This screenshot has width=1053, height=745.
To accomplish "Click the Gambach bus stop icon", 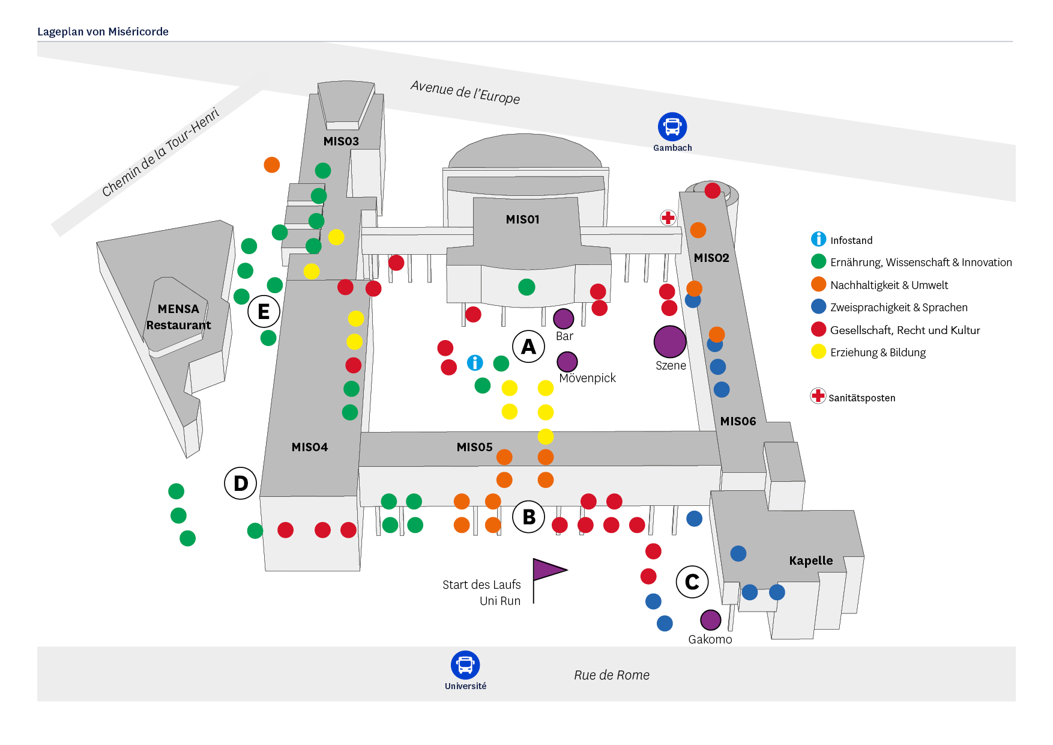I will (672, 127).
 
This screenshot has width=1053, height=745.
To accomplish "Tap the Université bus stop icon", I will (465, 665).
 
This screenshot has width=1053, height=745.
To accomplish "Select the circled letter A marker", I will (528, 346).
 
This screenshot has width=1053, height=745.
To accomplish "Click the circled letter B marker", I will (529, 517).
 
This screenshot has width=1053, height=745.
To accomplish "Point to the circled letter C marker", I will (692, 582).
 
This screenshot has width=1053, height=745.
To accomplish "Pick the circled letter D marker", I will (241, 483).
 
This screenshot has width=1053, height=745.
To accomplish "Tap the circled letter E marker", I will (264, 311).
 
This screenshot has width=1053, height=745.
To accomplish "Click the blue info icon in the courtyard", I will (475, 363).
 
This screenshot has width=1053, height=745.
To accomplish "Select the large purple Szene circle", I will (670, 341).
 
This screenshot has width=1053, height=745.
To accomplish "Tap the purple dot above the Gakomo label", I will (710, 619).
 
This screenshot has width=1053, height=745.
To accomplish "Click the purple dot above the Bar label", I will (563, 318).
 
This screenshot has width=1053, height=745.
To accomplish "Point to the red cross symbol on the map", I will (668, 217).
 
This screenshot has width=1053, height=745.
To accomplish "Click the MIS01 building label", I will (522, 220).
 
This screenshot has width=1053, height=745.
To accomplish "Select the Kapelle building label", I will (810, 561).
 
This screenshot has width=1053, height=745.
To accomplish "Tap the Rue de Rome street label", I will (611, 675).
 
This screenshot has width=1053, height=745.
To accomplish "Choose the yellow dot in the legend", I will (818, 351).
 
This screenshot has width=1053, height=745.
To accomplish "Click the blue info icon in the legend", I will (818, 239).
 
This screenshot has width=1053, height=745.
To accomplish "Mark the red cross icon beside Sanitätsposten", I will (818, 396).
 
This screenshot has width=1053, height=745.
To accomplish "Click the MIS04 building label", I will (309, 447).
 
